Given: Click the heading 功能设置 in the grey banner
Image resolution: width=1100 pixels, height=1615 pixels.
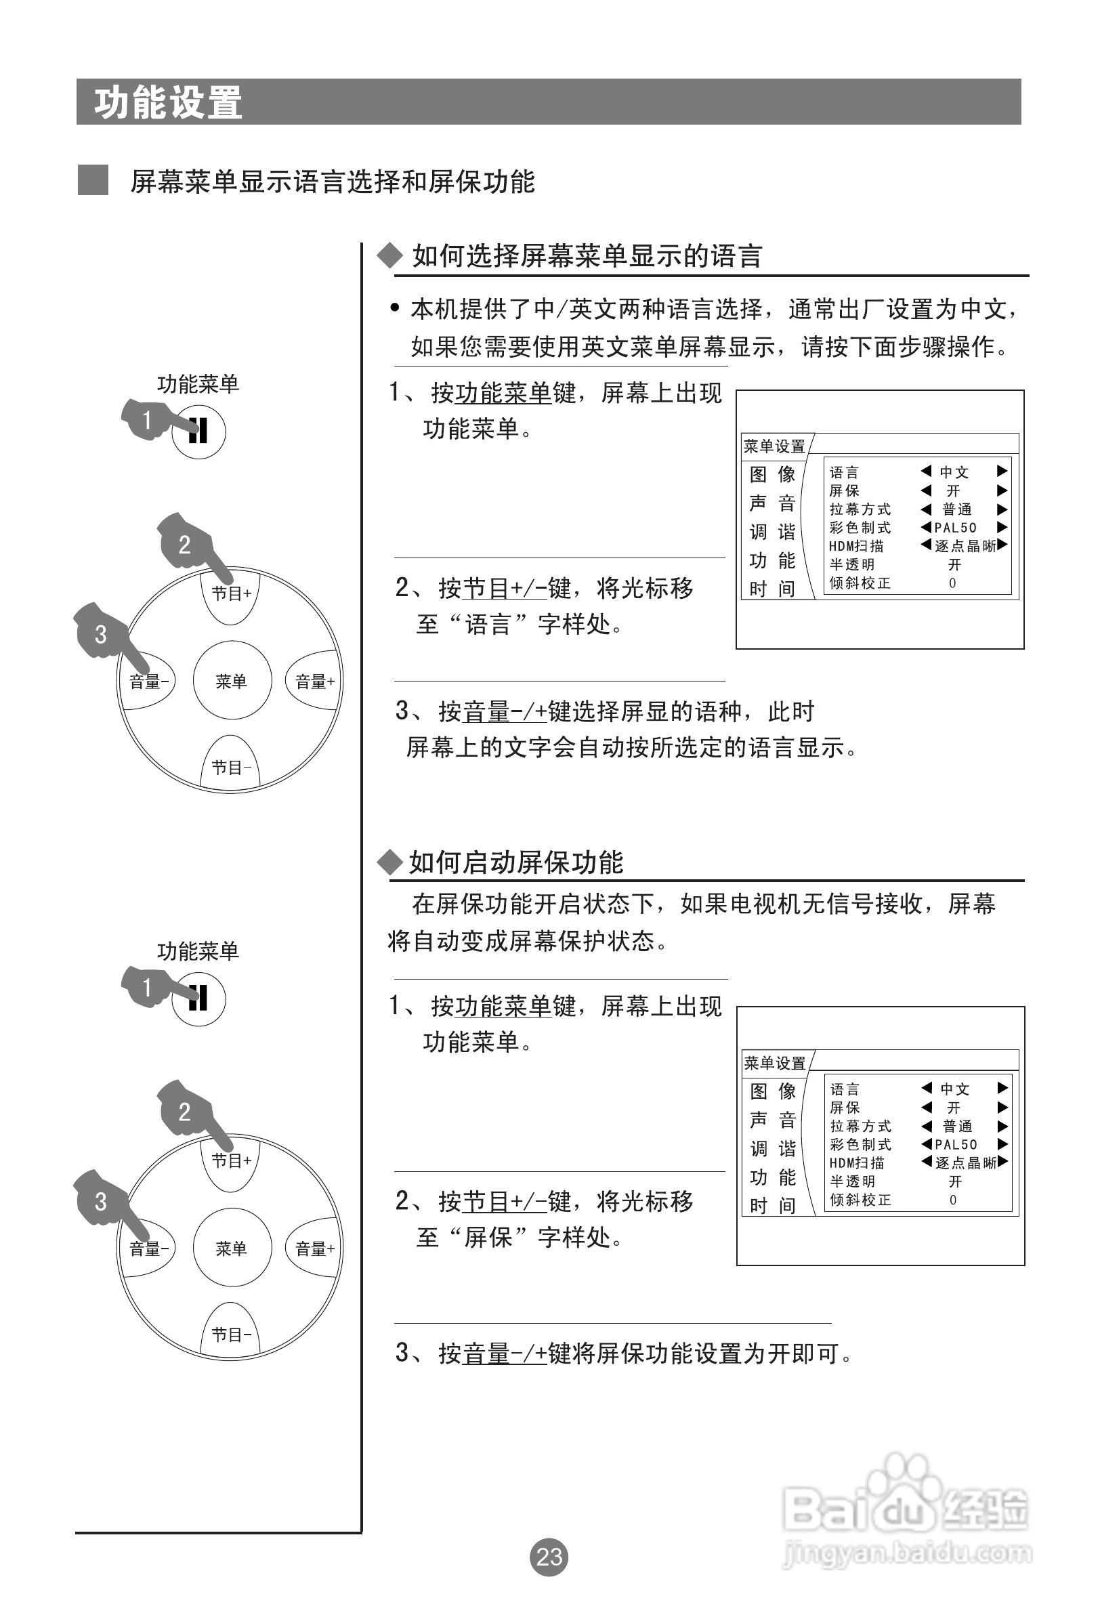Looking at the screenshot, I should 168,103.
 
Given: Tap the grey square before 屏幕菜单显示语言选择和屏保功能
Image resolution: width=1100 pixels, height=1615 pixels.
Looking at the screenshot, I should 92,180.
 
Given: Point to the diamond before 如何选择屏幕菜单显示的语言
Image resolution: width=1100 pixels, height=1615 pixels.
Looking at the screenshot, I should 390,256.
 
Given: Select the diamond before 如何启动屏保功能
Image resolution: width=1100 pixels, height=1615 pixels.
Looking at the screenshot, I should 390,862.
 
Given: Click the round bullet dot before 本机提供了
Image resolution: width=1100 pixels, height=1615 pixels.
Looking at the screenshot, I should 395,308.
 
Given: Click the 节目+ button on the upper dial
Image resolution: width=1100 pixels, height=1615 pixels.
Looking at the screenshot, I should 231,594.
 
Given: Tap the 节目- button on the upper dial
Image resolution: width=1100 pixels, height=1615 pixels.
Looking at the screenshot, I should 231,768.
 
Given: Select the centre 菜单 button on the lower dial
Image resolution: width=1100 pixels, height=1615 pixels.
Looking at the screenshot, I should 232,1248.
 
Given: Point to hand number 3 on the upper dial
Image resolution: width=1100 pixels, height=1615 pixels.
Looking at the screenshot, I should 102,634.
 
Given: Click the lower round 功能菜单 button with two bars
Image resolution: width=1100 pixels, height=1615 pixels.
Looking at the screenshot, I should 198,999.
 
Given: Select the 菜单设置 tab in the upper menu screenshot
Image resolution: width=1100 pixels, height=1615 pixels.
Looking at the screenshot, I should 774,446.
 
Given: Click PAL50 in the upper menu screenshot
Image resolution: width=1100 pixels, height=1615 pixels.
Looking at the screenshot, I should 956,528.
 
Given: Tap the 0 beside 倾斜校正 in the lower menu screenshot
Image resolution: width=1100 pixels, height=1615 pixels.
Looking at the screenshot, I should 953,1200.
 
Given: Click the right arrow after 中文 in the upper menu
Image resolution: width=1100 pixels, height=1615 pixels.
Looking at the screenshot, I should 1002,471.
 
